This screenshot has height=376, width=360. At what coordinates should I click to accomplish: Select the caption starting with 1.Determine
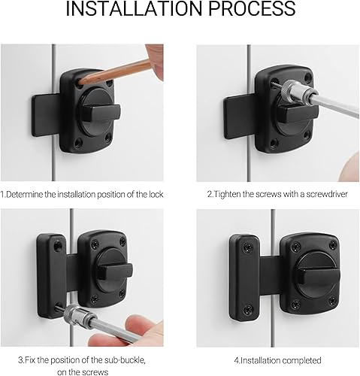click(82, 194)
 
